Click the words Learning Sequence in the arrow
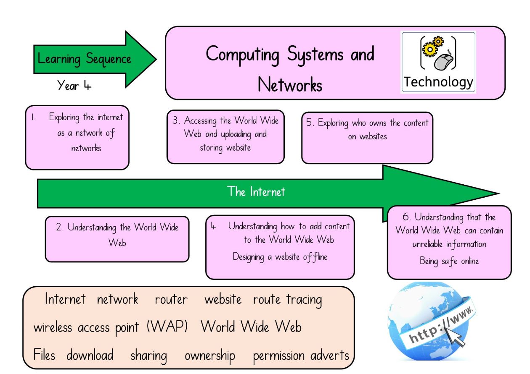pos(84,59)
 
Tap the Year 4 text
pos(74,85)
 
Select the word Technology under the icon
pos(438,82)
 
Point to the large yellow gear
pos(430,49)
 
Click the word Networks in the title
pos(290,84)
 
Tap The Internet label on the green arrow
pos(256,191)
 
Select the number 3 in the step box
pos(175,120)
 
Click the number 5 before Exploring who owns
pos(309,122)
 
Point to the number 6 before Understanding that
pos(406,217)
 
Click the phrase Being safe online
pos(449,261)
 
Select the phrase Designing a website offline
pos(280,257)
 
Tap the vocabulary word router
pos(171,300)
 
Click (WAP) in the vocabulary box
pos(167,327)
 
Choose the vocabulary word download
pos(90,355)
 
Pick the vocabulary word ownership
pos(210,356)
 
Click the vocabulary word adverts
pos(330,355)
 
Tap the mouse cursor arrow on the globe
pos(454,336)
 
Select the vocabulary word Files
pos(44,355)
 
